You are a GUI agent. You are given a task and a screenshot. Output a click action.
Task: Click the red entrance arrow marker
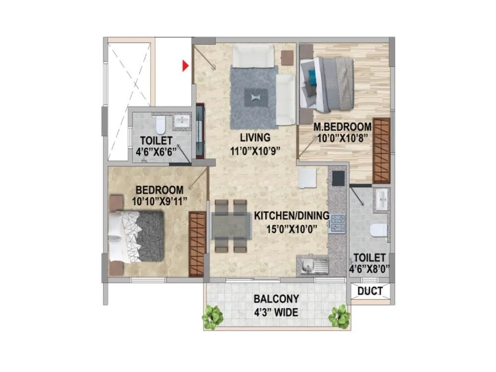pos(186,65)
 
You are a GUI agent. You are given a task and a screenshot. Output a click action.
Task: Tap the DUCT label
pos(370,291)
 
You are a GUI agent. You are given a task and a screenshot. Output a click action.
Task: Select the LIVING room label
pos(253,137)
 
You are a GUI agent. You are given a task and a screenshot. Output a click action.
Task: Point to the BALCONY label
pos(276,299)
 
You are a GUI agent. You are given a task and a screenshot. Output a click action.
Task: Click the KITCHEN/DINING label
pos(292,216)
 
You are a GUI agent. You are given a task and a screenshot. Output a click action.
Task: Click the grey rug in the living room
pos(254,96)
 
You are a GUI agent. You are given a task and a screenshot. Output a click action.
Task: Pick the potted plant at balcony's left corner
pos(213,316)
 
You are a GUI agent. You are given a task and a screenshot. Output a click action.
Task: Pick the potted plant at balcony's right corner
pos(339,316)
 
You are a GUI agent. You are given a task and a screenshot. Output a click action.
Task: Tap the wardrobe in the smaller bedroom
pos(197,244)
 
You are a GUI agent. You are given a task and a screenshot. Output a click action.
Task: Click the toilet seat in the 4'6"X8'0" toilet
pos(378,230)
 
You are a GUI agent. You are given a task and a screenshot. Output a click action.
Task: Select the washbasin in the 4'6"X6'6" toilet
pos(182,121)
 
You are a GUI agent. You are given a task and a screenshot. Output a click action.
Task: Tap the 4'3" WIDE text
pos(276,312)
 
